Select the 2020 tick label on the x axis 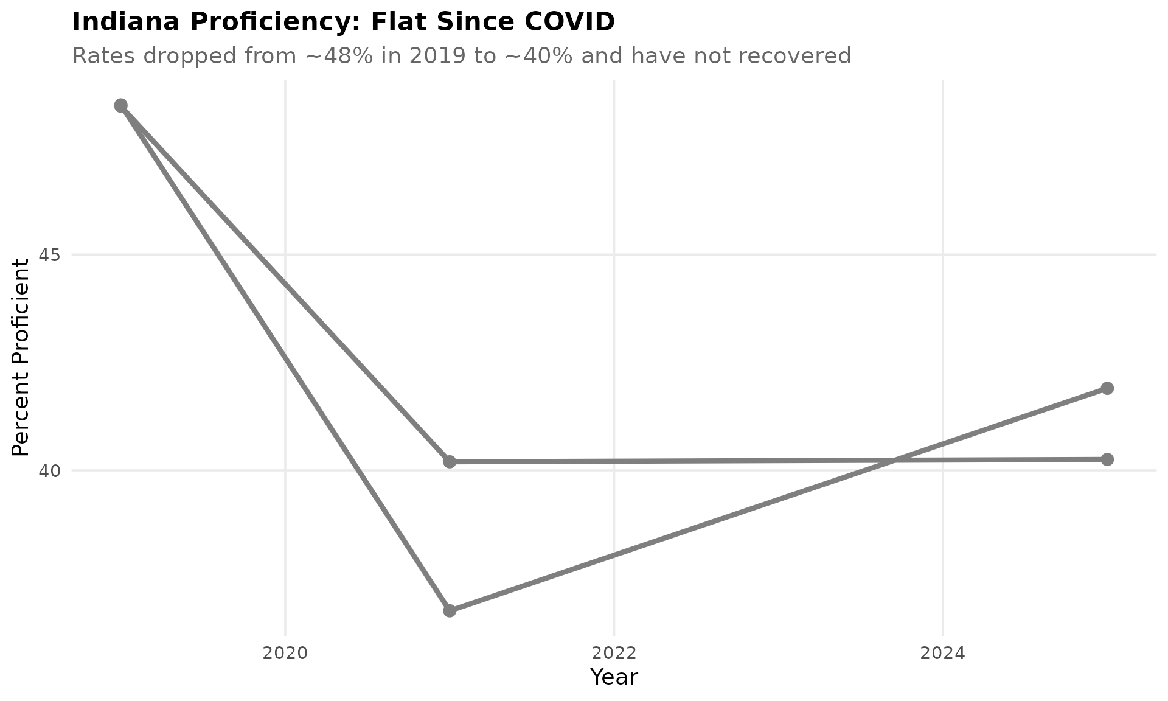(x=285, y=654)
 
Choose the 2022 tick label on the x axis (x=614, y=654)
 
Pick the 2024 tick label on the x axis (x=943, y=654)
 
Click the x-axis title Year (x=614, y=677)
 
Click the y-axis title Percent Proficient (x=21, y=357)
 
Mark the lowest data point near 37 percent (x=450, y=610)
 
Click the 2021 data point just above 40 (x=450, y=462)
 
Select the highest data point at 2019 (x=121, y=105)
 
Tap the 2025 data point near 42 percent (x=1107, y=388)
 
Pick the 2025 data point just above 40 (x=1107, y=459)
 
